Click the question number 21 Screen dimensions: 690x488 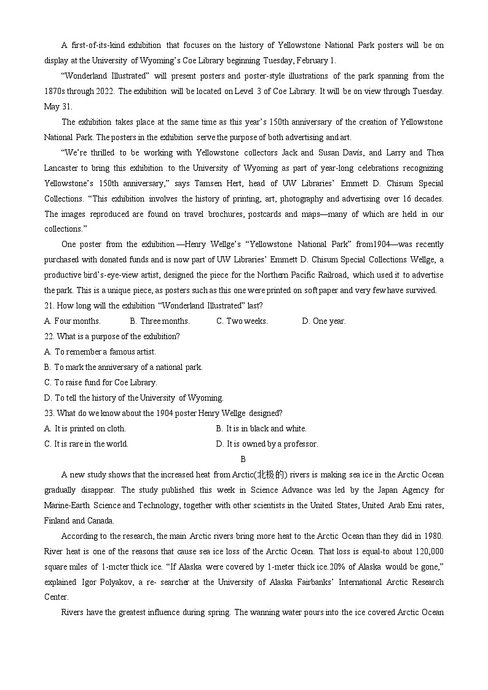click(49, 306)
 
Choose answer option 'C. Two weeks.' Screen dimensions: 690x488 click(242, 321)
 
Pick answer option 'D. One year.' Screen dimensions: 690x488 click(323, 321)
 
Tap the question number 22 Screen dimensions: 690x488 click(49, 337)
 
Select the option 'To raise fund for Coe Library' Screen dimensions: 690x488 click(101, 383)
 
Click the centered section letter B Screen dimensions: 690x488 click(243, 459)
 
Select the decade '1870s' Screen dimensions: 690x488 click(57, 91)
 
